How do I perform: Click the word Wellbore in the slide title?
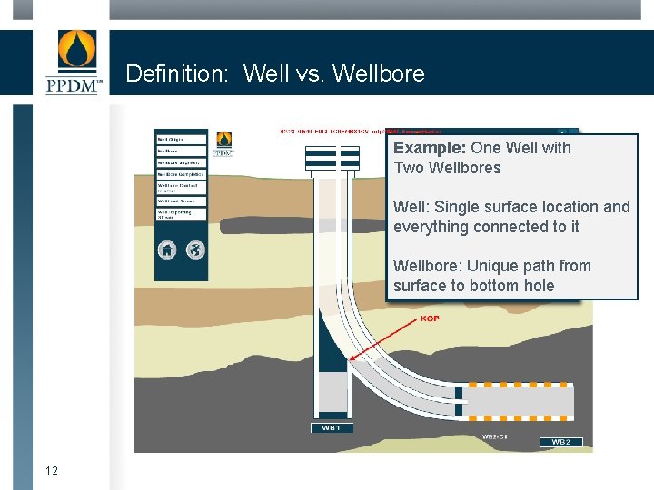379,73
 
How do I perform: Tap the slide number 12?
52,470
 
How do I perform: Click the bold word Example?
429,148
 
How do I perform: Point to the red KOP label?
430,318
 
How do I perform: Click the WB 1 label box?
331,427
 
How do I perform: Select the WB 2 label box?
560,442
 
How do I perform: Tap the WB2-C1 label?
494,436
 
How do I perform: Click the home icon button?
167,250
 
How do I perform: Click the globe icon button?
195,250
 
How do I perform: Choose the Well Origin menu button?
182,139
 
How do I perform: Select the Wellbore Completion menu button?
182,173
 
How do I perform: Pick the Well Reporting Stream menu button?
182,214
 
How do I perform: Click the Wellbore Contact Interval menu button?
182,187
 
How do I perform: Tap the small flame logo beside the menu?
223,143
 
